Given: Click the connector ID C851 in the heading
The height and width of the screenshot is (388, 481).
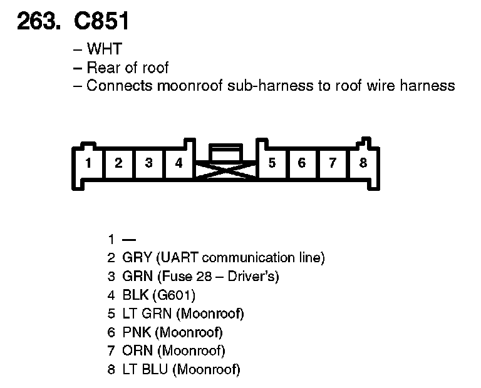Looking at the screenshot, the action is [x=101, y=22].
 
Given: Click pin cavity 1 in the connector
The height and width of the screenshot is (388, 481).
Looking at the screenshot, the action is [x=89, y=164].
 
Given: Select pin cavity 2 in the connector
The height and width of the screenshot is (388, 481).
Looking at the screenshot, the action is [x=118, y=164].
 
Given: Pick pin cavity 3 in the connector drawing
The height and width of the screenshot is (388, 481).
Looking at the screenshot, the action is [x=148, y=164].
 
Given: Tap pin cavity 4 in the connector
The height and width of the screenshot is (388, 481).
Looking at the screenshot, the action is [x=178, y=164].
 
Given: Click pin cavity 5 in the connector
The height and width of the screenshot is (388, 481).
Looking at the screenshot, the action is [x=272, y=164].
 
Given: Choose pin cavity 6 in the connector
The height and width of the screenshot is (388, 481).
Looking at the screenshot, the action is [x=302, y=164].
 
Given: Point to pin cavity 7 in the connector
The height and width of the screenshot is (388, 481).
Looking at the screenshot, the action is [x=333, y=164].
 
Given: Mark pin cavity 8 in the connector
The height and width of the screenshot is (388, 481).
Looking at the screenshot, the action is [x=363, y=164].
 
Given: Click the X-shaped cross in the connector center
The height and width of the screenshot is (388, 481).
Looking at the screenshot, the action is [x=225, y=171].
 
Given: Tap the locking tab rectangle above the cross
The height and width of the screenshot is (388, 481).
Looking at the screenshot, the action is [x=225, y=153].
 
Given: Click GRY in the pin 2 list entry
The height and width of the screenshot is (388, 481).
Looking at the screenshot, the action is [x=137, y=257].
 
